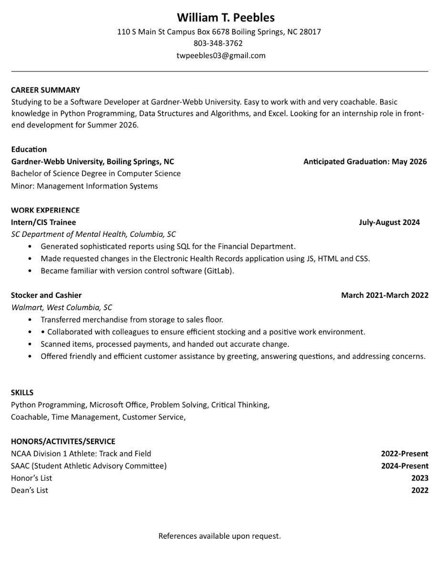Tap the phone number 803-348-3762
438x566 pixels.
pyautogui.click(x=219, y=43)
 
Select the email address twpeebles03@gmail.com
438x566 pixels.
pyautogui.click(x=221, y=55)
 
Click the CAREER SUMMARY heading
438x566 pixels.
pyautogui.click(x=45, y=90)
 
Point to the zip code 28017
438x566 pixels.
pyautogui.click(x=310, y=32)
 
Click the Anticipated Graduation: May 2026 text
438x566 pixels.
pyautogui.click(x=365, y=161)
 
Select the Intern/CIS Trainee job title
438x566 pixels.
pyautogui.click(x=43, y=222)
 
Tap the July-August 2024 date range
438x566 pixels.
pyautogui.click(x=389, y=222)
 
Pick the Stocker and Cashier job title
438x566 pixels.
pyautogui.click(x=46, y=295)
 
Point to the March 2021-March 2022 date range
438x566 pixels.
pyautogui.click(x=385, y=295)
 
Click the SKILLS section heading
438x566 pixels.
pyautogui.click(x=22, y=393)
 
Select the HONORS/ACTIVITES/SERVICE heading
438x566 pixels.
pyautogui.click(x=63, y=441)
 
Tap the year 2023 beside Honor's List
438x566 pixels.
pyautogui.click(x=420, y=478)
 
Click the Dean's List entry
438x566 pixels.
pyautogui.click(x=30, y=490)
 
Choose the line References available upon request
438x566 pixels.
pyautogui.click(x=219, y=536)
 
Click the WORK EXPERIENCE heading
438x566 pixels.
pyautogui.click(x=45, y=210)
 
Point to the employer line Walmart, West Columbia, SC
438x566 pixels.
pyautogui.click(x=62, y=307)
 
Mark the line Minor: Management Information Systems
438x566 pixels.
pyautogui.click(x=84, y=186)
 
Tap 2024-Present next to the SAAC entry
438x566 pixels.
pyautogui.click(x=405, y=466)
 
